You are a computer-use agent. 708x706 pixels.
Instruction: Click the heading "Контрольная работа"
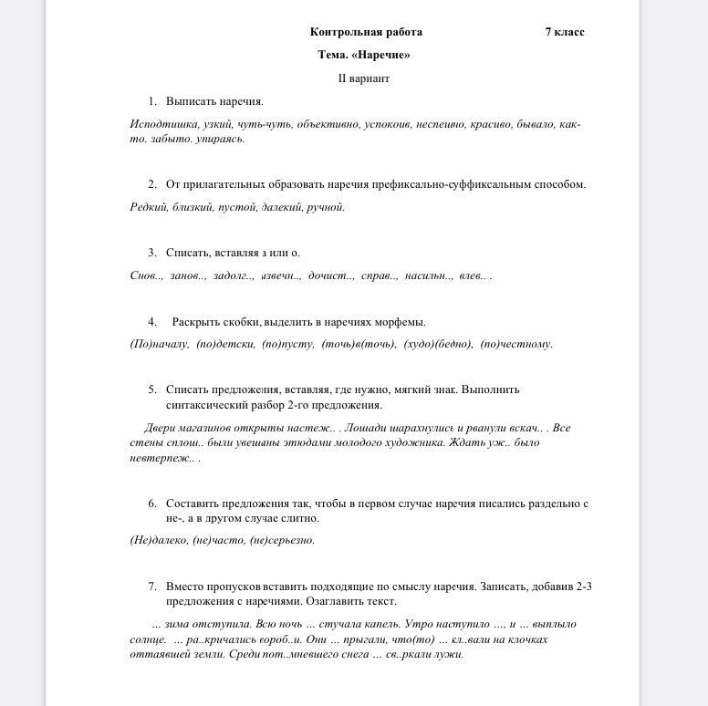click(366, 32)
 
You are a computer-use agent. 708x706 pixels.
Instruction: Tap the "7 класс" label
click(565, 32)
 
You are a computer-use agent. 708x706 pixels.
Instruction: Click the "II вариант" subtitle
click(364, 78)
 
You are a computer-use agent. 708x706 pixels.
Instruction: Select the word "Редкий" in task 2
click(148, 207)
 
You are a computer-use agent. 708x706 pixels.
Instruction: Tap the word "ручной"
click(326, 207)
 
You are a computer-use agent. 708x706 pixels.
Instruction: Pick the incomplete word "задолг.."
click(234, 275)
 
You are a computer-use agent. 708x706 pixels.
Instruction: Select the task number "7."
click(152, 587)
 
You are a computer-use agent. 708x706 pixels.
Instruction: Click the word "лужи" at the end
click(451, 654)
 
